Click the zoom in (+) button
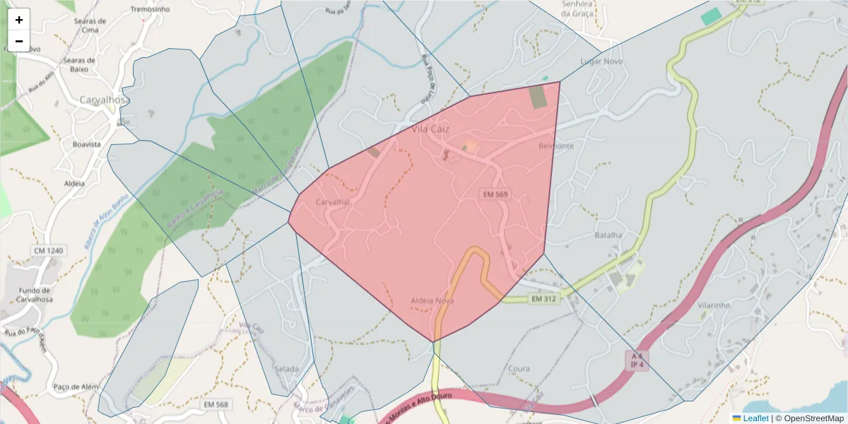point(19,20)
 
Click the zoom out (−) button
point(19,41)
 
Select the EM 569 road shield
point(495,194)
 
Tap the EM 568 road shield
point(216,404)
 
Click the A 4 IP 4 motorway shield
point(637,360)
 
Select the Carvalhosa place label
point(103,100)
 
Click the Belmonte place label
point(556,146)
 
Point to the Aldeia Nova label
point(432,301)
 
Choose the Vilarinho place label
point(713,305)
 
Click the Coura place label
point(519,369)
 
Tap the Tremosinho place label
point(151,10)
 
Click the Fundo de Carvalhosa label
point(35,295)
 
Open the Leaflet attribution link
point(755,418)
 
